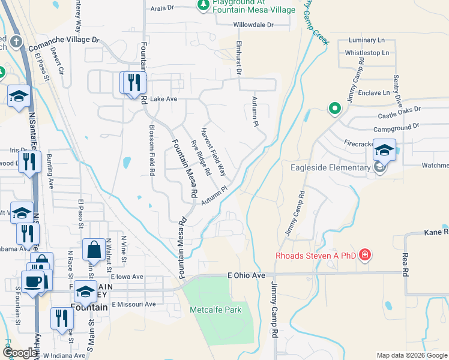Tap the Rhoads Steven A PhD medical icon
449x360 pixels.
pos(364,256)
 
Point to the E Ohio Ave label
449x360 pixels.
pos(246,275)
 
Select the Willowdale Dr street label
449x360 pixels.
pos(253,25)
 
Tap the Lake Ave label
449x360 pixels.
pos(163,99)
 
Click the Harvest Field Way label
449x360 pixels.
pos(213,151)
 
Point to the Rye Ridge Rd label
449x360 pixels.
pos(200,157)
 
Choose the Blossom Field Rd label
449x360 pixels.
pos(152,150)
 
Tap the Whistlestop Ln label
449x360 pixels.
pos(367,53)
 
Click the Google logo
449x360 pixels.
pos(20,353)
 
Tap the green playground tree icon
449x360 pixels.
pos(203,5)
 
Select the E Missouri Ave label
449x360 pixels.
pos(133,304)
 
